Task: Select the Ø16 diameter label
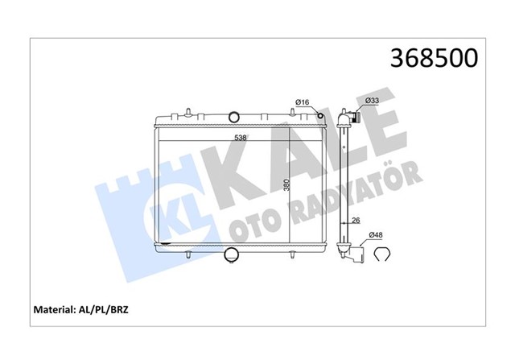coord(303,101)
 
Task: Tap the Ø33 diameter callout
coord(372,100)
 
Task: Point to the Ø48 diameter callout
coord(375,235)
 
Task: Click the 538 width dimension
coord(240,137)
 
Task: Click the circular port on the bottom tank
coord(233,256)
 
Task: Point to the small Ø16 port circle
coord(321,118)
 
